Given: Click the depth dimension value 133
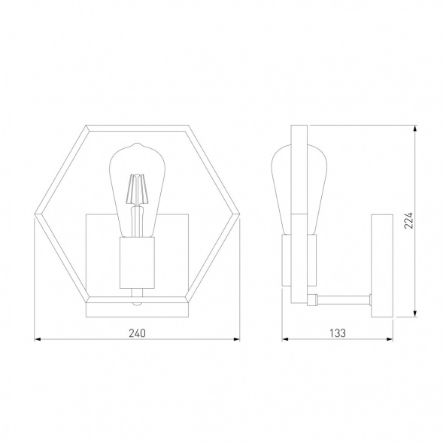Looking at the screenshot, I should coord(337,332).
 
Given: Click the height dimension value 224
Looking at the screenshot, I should coord(408,219).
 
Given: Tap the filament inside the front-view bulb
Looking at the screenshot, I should coord(136,190).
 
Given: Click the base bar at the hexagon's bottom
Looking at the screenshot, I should coord(136,308).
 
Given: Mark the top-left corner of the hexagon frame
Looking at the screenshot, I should coord(86,127).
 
